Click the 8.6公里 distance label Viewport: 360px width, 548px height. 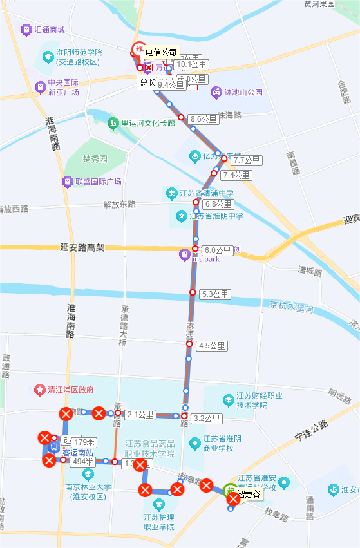tap(204, 119)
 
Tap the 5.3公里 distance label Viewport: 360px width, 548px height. tap(215, 294)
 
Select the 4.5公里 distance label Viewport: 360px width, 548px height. tap(213, 346)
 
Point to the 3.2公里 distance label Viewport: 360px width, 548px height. tap(207, 419)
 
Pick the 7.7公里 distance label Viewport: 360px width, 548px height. tap(247, 160)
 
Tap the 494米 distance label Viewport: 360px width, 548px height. tap(83, 461)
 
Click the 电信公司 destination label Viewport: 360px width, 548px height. tap(161, 52)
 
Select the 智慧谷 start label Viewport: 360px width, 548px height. tap(249, 495)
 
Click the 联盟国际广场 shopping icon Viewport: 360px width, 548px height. tap(67, 182)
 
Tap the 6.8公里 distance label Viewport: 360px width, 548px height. tap(217, 204)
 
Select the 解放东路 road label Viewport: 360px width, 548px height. tap(119, 204)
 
